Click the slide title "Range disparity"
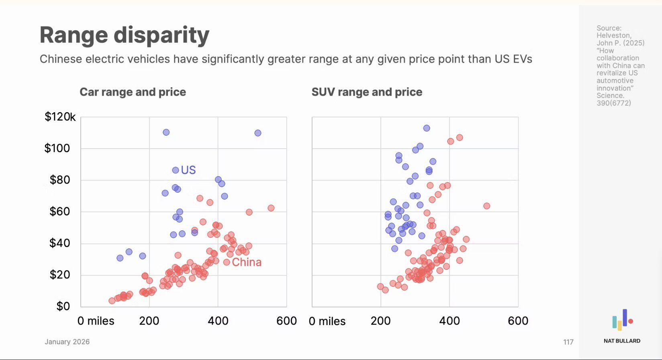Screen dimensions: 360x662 [124, 35]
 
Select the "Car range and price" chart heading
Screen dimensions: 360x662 [133, 92]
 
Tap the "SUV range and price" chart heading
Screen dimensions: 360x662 [367, 92]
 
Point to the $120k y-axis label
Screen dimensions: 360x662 [60, 117]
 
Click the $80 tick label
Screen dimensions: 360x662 [60, 180]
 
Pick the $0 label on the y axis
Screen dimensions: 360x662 [63, 307]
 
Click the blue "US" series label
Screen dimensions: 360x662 [188, 170]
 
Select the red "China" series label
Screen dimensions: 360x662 [247, 262]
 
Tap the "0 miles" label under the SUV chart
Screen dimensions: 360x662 [327, 321]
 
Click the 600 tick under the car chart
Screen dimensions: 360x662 [286, 321]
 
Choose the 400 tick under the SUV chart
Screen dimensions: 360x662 [449, 321]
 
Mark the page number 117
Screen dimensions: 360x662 [568, 342]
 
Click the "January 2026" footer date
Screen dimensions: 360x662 [67, 342]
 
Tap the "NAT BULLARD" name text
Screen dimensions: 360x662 [622, 341]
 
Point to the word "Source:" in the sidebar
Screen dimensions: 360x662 [609, 28]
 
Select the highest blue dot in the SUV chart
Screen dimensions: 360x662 [427, 128]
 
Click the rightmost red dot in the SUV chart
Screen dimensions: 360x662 [486, 206]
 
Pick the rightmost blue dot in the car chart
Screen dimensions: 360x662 [258, 133]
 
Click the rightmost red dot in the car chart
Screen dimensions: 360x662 [271, 208]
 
